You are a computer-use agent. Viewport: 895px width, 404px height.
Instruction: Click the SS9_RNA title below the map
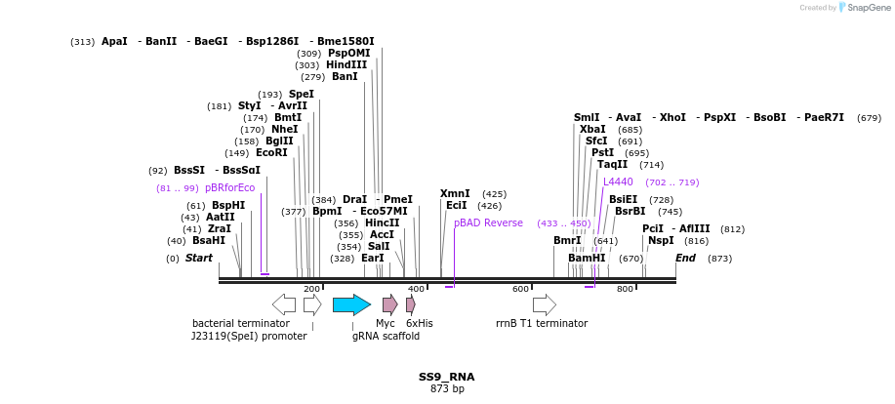coord(447,376)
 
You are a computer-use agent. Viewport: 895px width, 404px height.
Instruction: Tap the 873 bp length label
coord(447,388)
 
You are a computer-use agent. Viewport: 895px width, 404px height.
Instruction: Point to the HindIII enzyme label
coord(346,65)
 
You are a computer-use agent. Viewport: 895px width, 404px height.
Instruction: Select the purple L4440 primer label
coord(618,182)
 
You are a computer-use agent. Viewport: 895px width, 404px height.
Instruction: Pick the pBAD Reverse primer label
coord(488,223)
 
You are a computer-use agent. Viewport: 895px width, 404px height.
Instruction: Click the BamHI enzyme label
coord(587,259)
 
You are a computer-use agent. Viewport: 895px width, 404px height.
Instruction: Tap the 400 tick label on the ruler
coord(417,289)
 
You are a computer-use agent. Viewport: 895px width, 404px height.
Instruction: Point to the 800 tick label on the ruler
coord(625,289)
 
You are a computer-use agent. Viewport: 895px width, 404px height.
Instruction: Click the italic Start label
coord(198,259)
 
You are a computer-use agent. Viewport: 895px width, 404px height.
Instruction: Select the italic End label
coord(685,259)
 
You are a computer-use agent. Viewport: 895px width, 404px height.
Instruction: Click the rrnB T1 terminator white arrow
coord(545,304)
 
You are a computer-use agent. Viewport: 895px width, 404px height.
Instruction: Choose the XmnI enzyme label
coord(455,194)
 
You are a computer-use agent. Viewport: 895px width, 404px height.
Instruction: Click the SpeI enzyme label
coord(301,95)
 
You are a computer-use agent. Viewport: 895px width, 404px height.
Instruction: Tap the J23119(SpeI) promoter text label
coord(249,336)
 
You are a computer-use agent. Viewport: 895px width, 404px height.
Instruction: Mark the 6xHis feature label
coord(419,323)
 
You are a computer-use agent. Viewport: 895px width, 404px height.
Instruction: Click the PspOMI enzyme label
coord(348,54)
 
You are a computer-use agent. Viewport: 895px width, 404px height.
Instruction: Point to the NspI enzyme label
coord(661,240)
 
